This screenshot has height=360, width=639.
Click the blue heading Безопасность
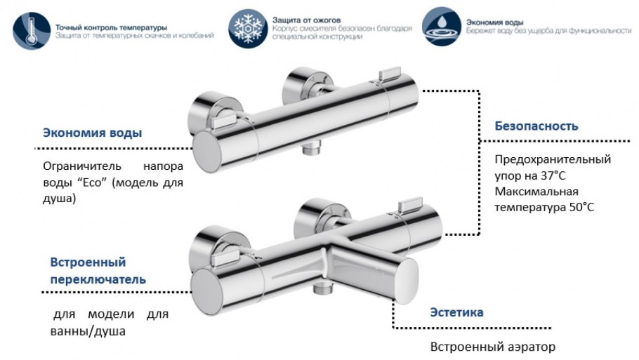coord(536,126)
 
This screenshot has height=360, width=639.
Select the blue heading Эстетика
coord(456,312)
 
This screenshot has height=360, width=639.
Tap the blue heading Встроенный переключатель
coord(98,271)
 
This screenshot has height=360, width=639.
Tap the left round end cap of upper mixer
coord(210,148)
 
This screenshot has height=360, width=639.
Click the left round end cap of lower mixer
coord(210,289)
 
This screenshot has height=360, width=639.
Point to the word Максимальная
coord(536,191)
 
